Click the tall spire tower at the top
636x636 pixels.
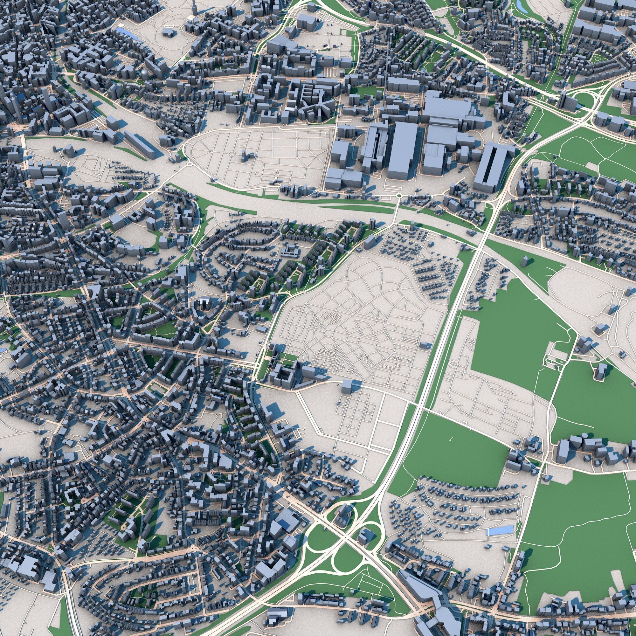coord(194,7)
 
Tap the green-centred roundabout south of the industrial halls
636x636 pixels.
coord(399,196)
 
